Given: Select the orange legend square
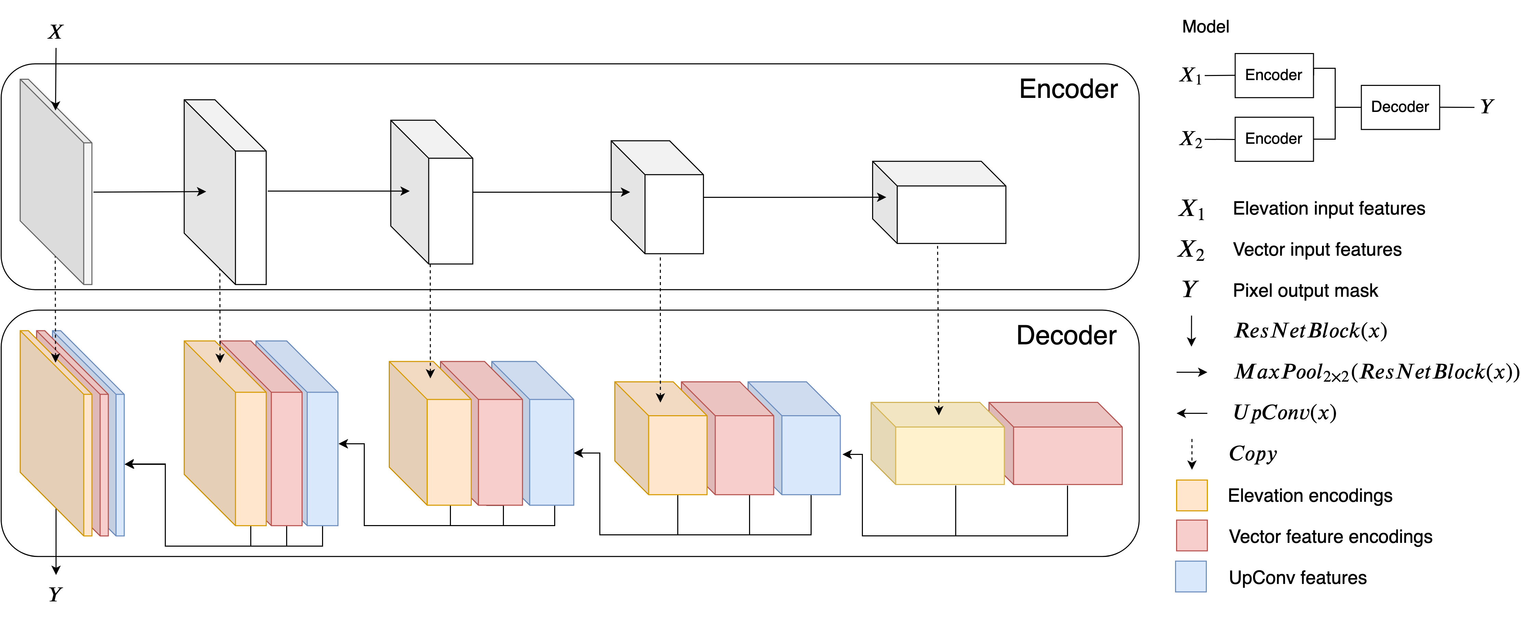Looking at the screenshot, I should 1191,495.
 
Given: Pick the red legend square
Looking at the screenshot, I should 1191,535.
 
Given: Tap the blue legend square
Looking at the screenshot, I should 1191,576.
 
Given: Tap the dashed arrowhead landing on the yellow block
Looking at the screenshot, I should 939,410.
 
